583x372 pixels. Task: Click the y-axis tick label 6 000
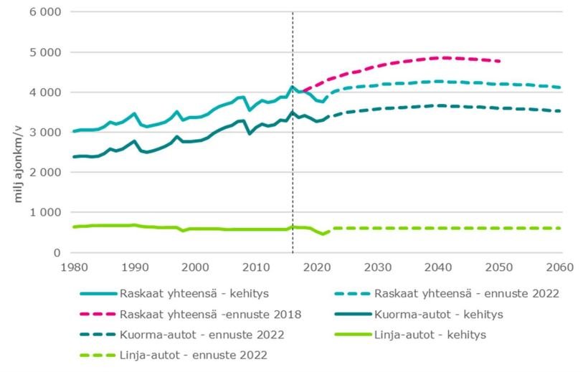(x=45, y=12)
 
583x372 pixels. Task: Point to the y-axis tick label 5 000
(x=45, y=52)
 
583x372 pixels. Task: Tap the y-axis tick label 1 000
(x=45, y=213)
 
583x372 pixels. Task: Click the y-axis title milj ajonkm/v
(x=21, y=164)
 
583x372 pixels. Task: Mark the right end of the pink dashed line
(x=499, y=61)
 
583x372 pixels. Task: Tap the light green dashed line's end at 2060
(x=559, y=228)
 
